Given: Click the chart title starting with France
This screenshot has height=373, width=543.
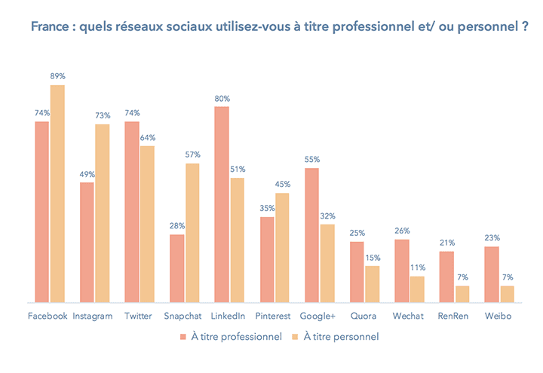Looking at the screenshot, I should click(278, 27).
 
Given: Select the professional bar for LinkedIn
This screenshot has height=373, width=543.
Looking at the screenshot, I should click(222, 204).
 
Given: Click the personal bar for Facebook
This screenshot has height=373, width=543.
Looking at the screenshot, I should click(57, 194).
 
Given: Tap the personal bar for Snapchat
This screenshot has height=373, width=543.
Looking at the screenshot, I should click(192, 233).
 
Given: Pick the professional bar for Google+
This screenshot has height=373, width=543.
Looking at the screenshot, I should click(312, 235).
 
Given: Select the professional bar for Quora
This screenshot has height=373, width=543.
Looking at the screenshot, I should click(357, 272).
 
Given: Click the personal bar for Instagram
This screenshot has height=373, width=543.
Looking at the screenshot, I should click(102, 213).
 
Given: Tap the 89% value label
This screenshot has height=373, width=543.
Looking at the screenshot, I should click(57, 76).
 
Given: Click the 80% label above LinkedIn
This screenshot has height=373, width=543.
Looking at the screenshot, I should click(222, 98).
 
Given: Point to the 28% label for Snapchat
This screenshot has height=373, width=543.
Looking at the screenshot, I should click(177, 226).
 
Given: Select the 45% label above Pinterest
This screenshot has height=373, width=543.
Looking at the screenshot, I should click(282, 185).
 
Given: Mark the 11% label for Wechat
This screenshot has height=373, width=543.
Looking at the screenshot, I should click(418, 268).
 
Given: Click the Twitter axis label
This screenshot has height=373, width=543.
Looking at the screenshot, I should click(138, 316).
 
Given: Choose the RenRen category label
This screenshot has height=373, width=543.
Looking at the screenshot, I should click(453, 316).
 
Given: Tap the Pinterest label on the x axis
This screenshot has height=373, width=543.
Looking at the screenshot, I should click(274, 316).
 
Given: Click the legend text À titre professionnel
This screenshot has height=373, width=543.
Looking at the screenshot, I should click(235, 336).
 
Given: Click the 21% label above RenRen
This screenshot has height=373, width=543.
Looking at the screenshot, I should click(447, 243).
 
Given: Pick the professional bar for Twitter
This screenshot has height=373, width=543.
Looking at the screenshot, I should click(132, 212).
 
